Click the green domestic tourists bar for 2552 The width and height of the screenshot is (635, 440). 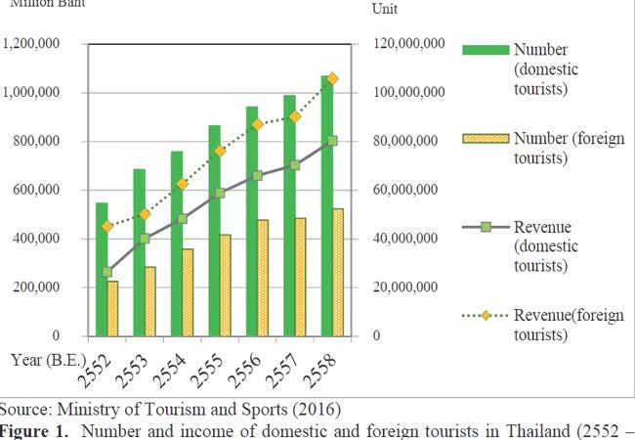tap(102, 269)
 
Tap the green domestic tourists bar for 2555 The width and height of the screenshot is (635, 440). tap(215, 230)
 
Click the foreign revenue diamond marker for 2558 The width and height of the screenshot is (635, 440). tap(333, 78)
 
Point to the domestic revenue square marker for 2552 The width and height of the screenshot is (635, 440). tap(107, 272)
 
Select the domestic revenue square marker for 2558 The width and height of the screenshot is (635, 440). tap(333, 141)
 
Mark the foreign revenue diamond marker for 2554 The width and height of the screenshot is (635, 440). tap(183, 184)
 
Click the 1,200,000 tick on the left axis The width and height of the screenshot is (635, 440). tap(33, 44)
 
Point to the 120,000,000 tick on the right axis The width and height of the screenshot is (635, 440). tap(409, 44)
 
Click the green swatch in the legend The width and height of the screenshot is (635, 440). tap(484, 50)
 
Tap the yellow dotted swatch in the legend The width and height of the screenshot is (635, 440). tap(484, 139)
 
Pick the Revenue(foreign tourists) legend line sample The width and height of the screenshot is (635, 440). tap(484, 317)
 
